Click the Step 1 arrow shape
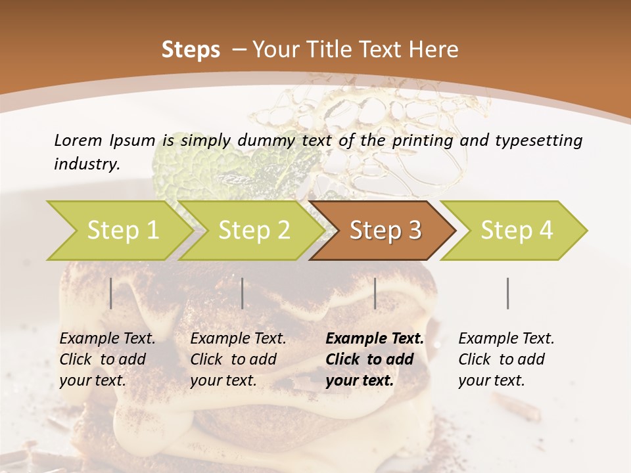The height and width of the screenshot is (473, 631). (x=122, y=231)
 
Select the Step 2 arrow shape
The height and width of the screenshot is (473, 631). (x=254, y=231)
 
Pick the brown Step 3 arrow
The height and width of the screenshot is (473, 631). (x=385, y=231)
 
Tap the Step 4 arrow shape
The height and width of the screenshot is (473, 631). (x=517, y=231)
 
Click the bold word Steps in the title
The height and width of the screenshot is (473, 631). (x=191, y=50)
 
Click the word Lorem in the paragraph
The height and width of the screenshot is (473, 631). (x=77, y=140)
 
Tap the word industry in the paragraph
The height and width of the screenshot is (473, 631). (x=86, y=164)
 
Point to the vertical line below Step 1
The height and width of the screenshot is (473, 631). (x=111, y=293)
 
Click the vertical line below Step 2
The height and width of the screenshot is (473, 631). (x=243, y=293)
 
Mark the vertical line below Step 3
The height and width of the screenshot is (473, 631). (x=375, y=293)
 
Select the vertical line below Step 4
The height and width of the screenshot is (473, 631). (x=508, y=293)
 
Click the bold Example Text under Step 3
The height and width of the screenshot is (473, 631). (x=375, y=339)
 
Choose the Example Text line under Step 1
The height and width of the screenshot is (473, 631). (x=107, y=339)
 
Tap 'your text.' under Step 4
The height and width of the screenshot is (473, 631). (x=491, y=381)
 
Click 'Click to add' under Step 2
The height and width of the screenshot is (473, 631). (x=233, y=360)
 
